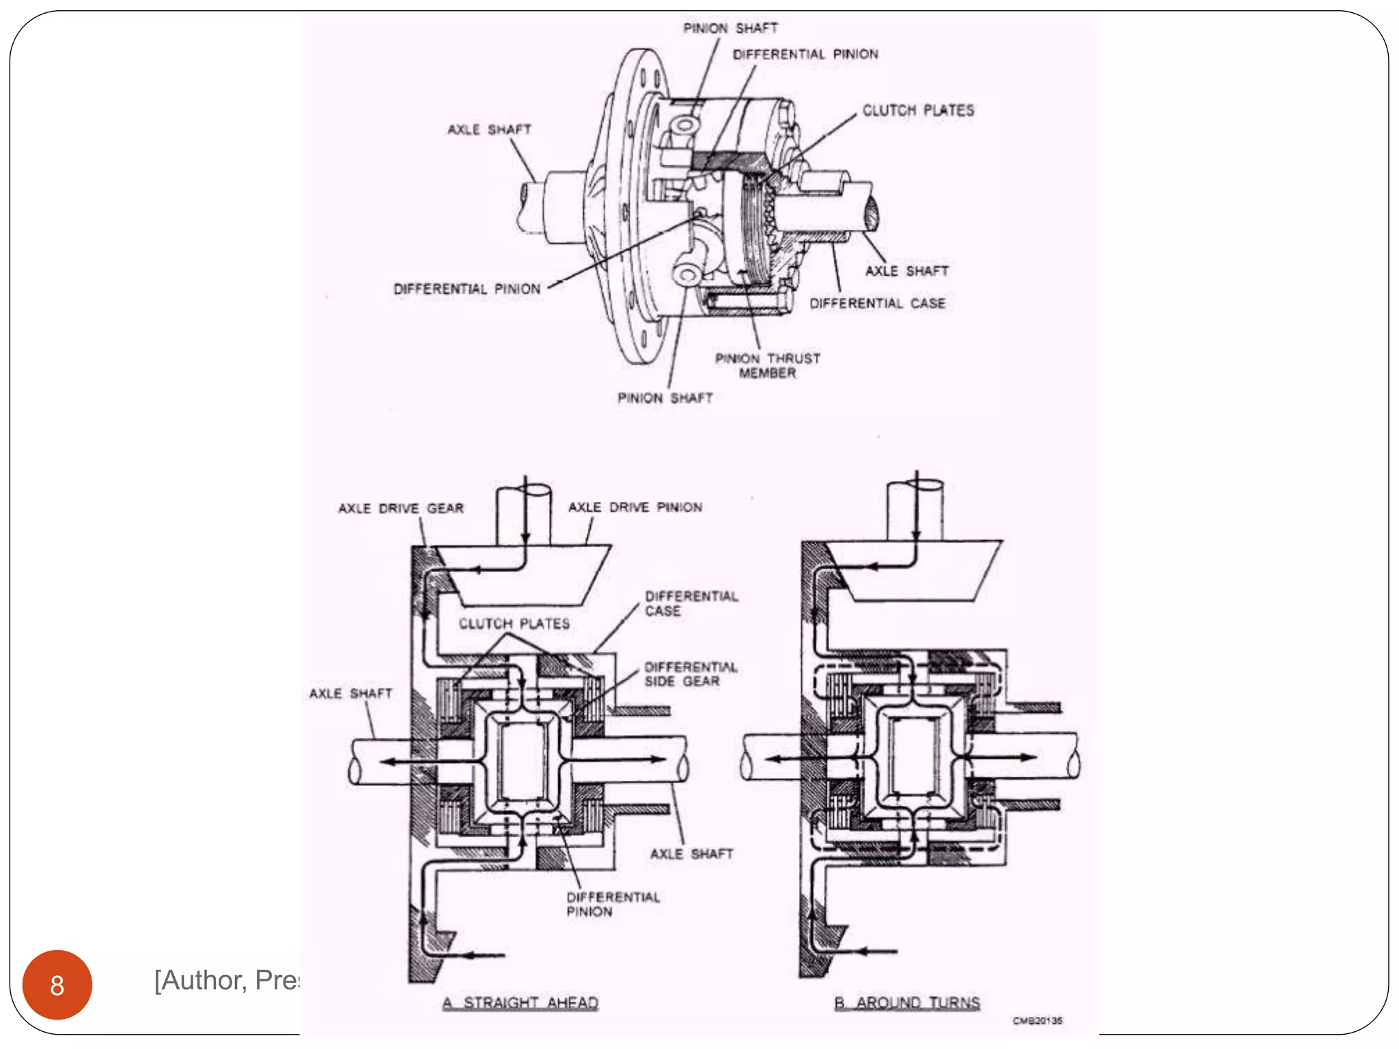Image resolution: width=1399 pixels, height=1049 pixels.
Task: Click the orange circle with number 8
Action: [57, 984]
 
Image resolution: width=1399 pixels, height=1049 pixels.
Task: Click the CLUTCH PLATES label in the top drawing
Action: [917, 111]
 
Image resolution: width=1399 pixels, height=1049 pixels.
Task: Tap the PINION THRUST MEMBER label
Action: [767, 365]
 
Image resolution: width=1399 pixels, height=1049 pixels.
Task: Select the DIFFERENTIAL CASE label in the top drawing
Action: [877, 303]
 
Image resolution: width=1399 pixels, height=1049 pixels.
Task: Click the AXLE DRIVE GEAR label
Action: [401, 508]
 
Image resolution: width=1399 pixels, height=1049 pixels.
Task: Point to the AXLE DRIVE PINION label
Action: [635, 507]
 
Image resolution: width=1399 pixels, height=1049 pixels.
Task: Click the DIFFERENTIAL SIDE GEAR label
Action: [690, 674]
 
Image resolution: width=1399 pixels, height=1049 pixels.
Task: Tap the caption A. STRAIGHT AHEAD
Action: [521, 1003]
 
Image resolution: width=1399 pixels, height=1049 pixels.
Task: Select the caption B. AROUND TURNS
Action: [906, 1003]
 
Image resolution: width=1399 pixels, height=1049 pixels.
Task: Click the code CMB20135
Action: [1037, 1021]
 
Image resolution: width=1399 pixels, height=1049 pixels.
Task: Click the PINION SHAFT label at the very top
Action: [730, 29]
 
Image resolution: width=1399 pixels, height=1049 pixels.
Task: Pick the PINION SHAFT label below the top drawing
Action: [665, 398]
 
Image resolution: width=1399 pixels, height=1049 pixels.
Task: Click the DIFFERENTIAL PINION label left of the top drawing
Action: [467, 289]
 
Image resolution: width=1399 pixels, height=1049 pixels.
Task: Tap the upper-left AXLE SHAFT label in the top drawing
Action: [489, 130]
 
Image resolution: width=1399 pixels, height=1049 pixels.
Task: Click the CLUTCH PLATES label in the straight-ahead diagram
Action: [514, 624]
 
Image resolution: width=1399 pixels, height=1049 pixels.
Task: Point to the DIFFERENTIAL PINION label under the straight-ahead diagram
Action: [612, 904]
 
